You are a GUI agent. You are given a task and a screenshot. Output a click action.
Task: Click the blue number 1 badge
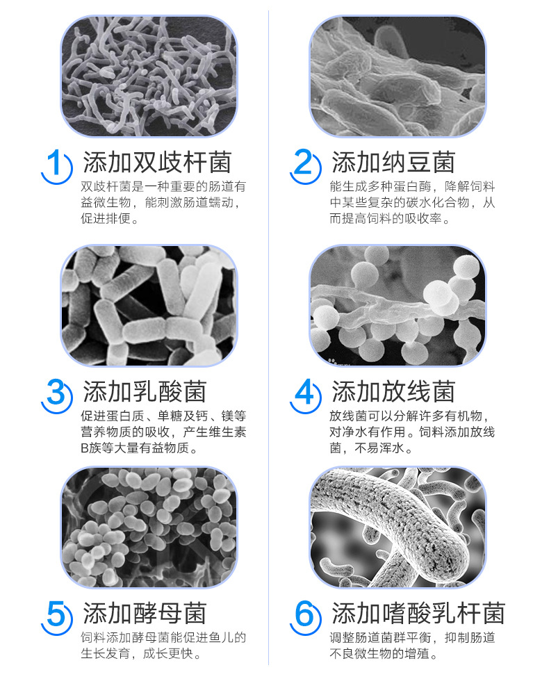56,166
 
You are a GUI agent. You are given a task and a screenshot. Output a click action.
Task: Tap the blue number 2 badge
305,166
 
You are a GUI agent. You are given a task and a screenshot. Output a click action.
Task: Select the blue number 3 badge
56,395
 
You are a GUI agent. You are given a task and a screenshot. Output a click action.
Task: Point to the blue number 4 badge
305,395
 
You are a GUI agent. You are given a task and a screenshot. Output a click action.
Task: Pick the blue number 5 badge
56,617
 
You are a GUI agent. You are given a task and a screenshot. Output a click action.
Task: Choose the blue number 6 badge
305,617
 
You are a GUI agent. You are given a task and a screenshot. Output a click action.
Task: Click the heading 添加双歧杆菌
157,162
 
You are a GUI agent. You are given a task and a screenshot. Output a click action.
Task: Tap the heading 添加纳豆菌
393,162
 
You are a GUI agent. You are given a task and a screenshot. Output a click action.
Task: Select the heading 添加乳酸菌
145,391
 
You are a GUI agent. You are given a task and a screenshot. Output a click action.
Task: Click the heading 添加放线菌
393,391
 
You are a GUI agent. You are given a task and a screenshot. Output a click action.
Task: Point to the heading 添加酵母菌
145,613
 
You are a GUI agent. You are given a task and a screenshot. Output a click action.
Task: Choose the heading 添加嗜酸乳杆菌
418,613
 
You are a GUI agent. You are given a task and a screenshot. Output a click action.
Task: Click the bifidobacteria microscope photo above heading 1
149,76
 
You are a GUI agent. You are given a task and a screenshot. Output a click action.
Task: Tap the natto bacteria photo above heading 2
398,76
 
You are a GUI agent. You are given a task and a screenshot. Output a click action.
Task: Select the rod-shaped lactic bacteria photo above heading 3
149,305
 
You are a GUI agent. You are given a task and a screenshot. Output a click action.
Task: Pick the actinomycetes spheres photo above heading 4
398,305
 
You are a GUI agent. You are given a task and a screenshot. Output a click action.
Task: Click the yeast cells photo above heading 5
149,527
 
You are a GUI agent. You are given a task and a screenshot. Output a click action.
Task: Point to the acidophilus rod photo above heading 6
398,527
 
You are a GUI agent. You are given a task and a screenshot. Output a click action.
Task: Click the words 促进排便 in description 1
106,218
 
